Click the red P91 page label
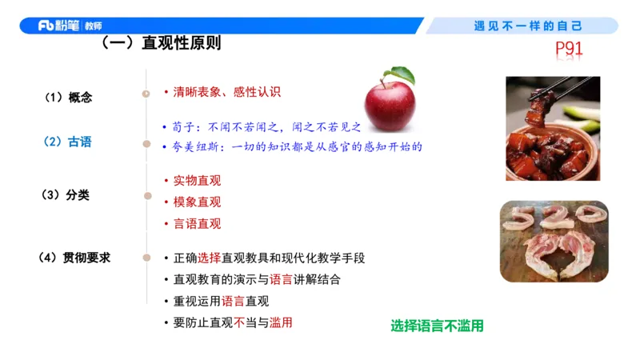coord(569,50)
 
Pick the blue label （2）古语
coord(67,142)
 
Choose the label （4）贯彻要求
coord(74,258)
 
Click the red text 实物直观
coord(197,181)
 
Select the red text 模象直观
coord(197,202)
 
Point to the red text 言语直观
coord(197,224)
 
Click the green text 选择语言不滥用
coord(437,326)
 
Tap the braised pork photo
coord(552,128)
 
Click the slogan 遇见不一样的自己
coord(528,26)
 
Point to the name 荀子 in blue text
coord(183,126)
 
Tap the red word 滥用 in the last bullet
coord(281,322)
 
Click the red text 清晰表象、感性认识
coord(227,92)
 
